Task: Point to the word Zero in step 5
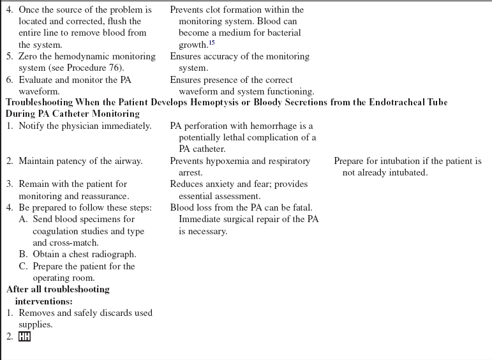click(28, 56)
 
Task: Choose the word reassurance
click(101, 196)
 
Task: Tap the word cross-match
click(75, 243)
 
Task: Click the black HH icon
click(24, 336)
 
